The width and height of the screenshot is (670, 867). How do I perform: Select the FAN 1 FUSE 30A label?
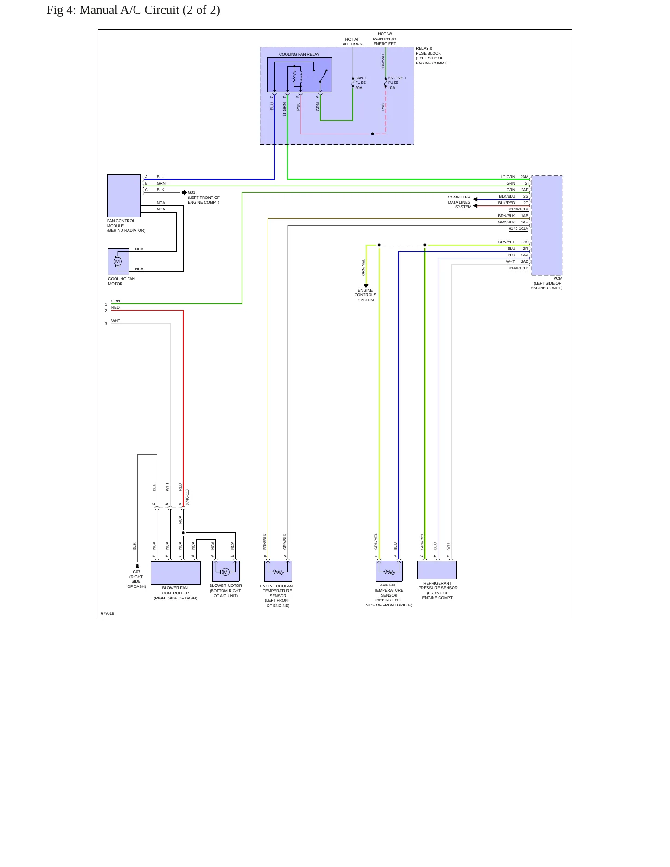click(x=361, y=83)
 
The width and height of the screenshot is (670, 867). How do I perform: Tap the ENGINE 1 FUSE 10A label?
click(x=397, y=83)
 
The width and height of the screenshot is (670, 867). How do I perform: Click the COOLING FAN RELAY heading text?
click(x=299, y=54)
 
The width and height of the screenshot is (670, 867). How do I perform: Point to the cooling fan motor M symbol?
click(x=118, y=261)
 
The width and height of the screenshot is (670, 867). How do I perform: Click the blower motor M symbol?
click(x=226, y=572)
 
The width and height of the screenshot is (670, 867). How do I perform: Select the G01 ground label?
click(x=191, y=192)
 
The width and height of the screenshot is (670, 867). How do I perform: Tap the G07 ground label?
click(x=136, y=572)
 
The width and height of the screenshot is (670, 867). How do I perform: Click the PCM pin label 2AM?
click(x=524, y=177)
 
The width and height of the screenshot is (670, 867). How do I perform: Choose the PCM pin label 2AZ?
click(x=524, y=261)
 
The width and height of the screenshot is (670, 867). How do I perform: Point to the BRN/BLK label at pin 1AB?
click(x=506, y=216)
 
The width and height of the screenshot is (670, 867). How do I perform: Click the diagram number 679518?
click(x=108, y=613)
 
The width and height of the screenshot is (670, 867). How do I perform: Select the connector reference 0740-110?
click(x=187, y=497)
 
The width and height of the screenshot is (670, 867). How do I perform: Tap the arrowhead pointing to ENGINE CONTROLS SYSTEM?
click(x=366, y=286)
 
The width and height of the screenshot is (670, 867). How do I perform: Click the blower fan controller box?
click(x=176, y=573)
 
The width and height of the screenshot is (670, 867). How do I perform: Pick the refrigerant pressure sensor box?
click(x=437, y=570)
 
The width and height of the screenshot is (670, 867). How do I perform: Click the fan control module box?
click(x=124, y=196)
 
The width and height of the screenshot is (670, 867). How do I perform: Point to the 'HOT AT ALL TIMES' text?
click(x=352, y=42)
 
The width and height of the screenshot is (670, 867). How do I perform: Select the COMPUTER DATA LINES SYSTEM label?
click(x=459, y=202)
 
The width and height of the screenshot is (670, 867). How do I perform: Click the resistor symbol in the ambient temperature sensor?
click(x=389, y=572)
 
